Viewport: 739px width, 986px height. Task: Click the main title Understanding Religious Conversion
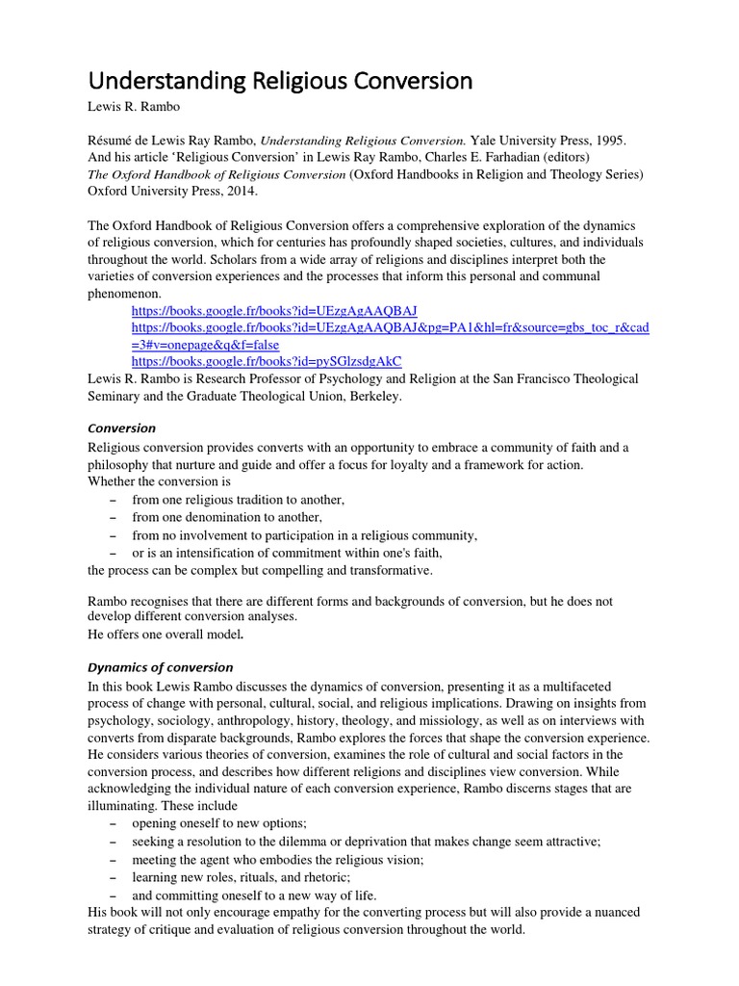(x=280, y=81)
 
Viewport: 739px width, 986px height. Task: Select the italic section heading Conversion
(x=121, y=428)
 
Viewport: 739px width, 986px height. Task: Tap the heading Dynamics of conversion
(x=160, y=667)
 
